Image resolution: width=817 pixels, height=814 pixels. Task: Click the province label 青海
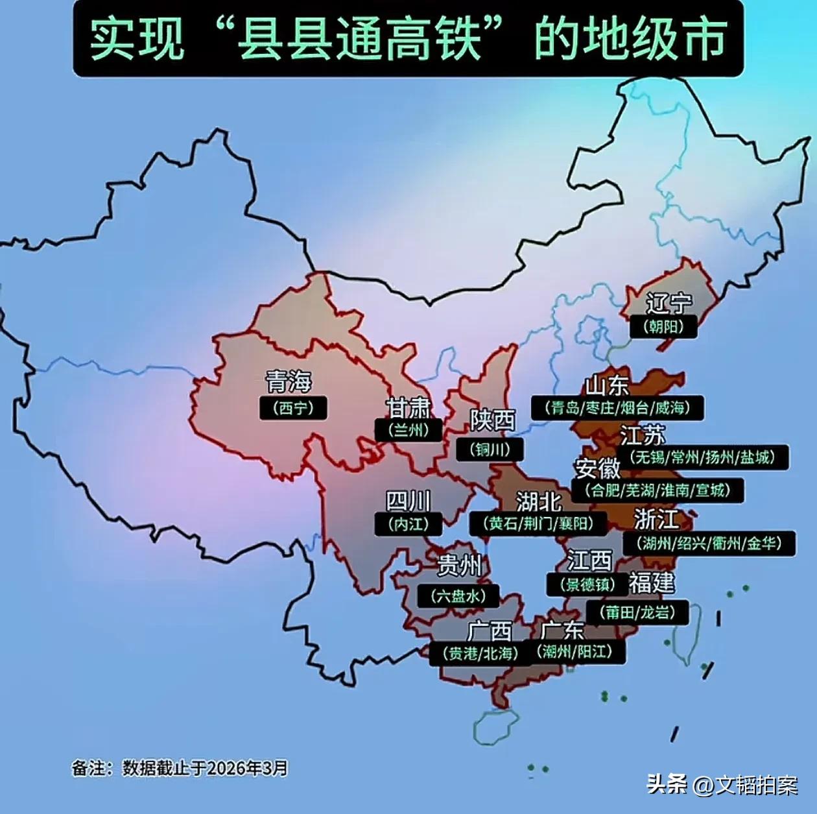pos(289,381)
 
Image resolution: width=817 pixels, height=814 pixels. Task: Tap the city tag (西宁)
pos(293,408)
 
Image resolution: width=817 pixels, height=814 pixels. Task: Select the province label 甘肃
pos(408,407)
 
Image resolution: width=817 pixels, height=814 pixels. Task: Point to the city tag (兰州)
pos(408,430)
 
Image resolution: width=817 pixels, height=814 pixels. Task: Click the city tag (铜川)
pos(490,449)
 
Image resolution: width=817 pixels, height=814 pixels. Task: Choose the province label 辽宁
pos(669,303)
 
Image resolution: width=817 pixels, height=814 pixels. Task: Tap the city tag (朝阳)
pos(663,326)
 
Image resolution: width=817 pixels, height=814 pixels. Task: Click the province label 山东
pos(606,385)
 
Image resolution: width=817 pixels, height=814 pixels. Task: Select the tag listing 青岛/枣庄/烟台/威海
pos(617,408)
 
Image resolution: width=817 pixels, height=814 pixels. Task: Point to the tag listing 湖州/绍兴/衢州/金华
pos(709,543)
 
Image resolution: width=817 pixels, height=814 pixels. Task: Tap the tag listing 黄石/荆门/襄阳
pos(538,523)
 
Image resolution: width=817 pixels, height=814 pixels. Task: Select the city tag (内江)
pos(408,523)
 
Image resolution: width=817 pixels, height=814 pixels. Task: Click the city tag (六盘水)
pos(458,595)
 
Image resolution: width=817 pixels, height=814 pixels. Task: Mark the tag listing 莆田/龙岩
pos(637,612)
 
